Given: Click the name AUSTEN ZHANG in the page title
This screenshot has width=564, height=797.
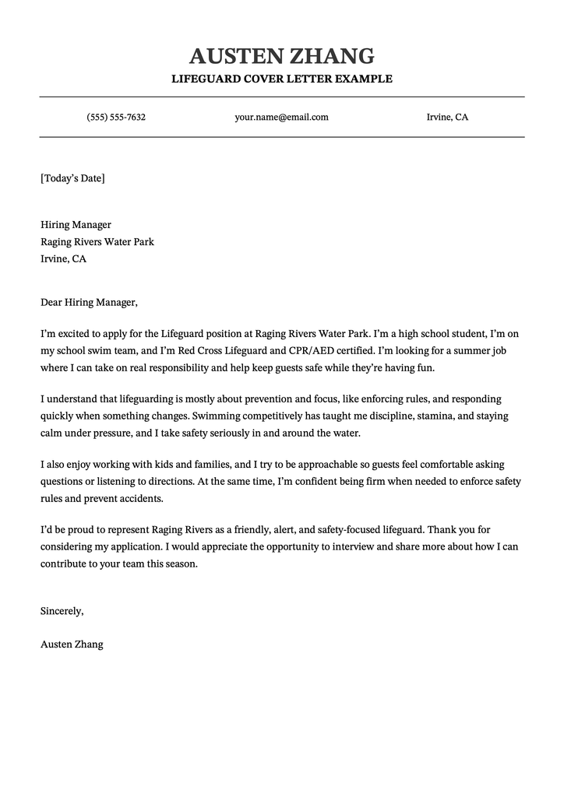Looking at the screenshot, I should (281, 56).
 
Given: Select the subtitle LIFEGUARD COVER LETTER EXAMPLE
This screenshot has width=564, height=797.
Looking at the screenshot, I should (281, 79).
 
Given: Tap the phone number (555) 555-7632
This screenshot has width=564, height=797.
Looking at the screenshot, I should (116, 118).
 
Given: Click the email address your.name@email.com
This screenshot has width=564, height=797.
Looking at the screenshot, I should (281, 118).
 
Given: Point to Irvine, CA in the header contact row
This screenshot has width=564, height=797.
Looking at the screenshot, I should (447, 118).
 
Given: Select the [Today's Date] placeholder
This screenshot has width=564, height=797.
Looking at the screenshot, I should (72, 178).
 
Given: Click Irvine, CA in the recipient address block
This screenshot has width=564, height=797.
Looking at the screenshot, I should (63, 258).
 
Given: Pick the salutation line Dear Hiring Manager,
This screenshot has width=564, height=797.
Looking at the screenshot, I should (89, 302).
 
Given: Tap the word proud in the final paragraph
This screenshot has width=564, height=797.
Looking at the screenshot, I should (72, 530).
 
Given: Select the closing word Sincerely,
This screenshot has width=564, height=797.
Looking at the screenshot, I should (62, 611).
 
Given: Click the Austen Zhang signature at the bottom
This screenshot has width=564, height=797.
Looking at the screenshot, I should (72, 644).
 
